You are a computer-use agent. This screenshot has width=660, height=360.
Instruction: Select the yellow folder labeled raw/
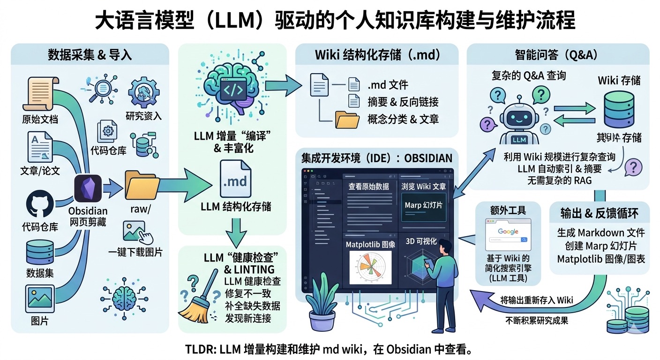pyautogui.click(x=142, y=187)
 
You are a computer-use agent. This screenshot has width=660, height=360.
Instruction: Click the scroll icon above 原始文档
pyautogui.click(x=41, y=92)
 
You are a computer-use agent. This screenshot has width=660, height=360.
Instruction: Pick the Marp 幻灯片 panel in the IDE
pyautogui.click(x=424, y=206)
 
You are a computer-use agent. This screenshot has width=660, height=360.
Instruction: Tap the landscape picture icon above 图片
pyautogui.click(x=39, y=298)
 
